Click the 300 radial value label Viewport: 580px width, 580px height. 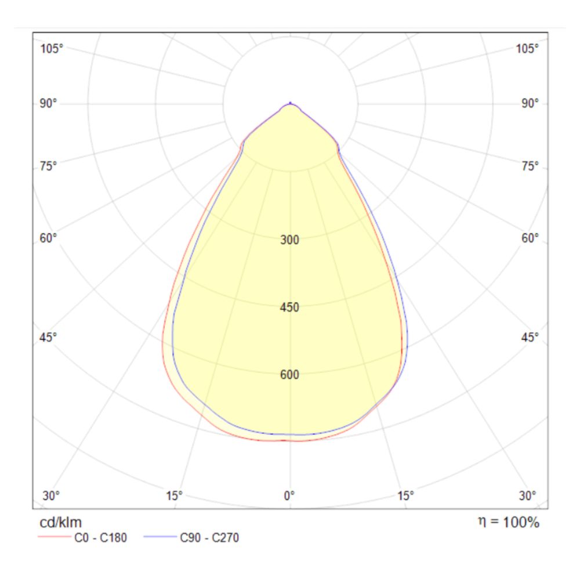tap(290, 240)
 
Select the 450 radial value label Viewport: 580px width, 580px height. tap(290, 307)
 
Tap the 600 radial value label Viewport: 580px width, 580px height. tap(290, 375)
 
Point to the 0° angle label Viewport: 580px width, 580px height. tap(289, 495)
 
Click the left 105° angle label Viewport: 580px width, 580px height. tap(52, 48)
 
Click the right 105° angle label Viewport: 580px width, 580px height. tap(527, 48)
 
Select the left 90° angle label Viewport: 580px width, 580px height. tap(49, 103)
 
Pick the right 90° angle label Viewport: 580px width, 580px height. tap(530, 103)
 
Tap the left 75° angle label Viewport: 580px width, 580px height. tap(49, 166)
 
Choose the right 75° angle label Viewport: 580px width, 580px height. tap(530, 166)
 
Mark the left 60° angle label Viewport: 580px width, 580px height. tap(49, 238)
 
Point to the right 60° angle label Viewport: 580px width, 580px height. tap(530, 238)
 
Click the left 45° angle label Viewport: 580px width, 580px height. tap(49, 337)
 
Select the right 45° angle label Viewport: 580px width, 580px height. tap(530, 337)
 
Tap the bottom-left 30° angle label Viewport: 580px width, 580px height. tap(52, 495)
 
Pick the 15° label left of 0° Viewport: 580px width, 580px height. tap(174, 495)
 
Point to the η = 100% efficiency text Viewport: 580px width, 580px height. tap(508, 522)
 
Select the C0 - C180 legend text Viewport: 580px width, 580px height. tap(100, 538)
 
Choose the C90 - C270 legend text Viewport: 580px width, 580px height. tap(209, 538)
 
